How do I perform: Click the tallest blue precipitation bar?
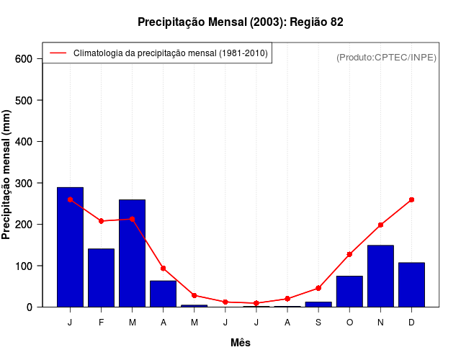[70, 247]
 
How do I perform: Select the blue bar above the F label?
[101, 277]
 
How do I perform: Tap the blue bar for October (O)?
[349, 291]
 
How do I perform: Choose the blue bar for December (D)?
[411, 284]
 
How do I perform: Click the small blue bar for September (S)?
[318, 304]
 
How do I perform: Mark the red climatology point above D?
[411, 199]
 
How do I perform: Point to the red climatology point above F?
[101, 221]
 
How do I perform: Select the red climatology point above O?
[349, 254]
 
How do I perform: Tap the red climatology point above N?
[380, 225]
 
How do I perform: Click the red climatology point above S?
[318, 288]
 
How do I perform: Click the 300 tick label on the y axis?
[24, 183]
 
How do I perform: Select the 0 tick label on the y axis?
[30, 307]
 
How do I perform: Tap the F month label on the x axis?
[101, 323]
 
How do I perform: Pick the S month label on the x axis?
[318, 323]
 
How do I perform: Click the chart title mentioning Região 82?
[240, 22]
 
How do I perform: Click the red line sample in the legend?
[58, 53]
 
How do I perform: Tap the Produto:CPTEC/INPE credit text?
[386, 57]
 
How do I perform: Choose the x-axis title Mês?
[240, 343]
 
